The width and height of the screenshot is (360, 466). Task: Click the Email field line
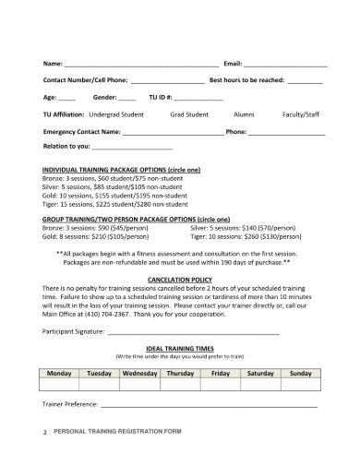click(285, 66)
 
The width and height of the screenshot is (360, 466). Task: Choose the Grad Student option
click(190, 115)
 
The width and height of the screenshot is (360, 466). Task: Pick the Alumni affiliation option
click(244, 115)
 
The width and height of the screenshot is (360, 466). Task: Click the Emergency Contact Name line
click(172, 133)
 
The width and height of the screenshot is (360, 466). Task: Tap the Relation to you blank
click(133, 148)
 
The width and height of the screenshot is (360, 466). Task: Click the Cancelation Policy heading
click(180, 279)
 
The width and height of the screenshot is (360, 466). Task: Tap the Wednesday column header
click(139, 374)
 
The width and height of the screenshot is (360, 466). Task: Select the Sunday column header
click(301, 374)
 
